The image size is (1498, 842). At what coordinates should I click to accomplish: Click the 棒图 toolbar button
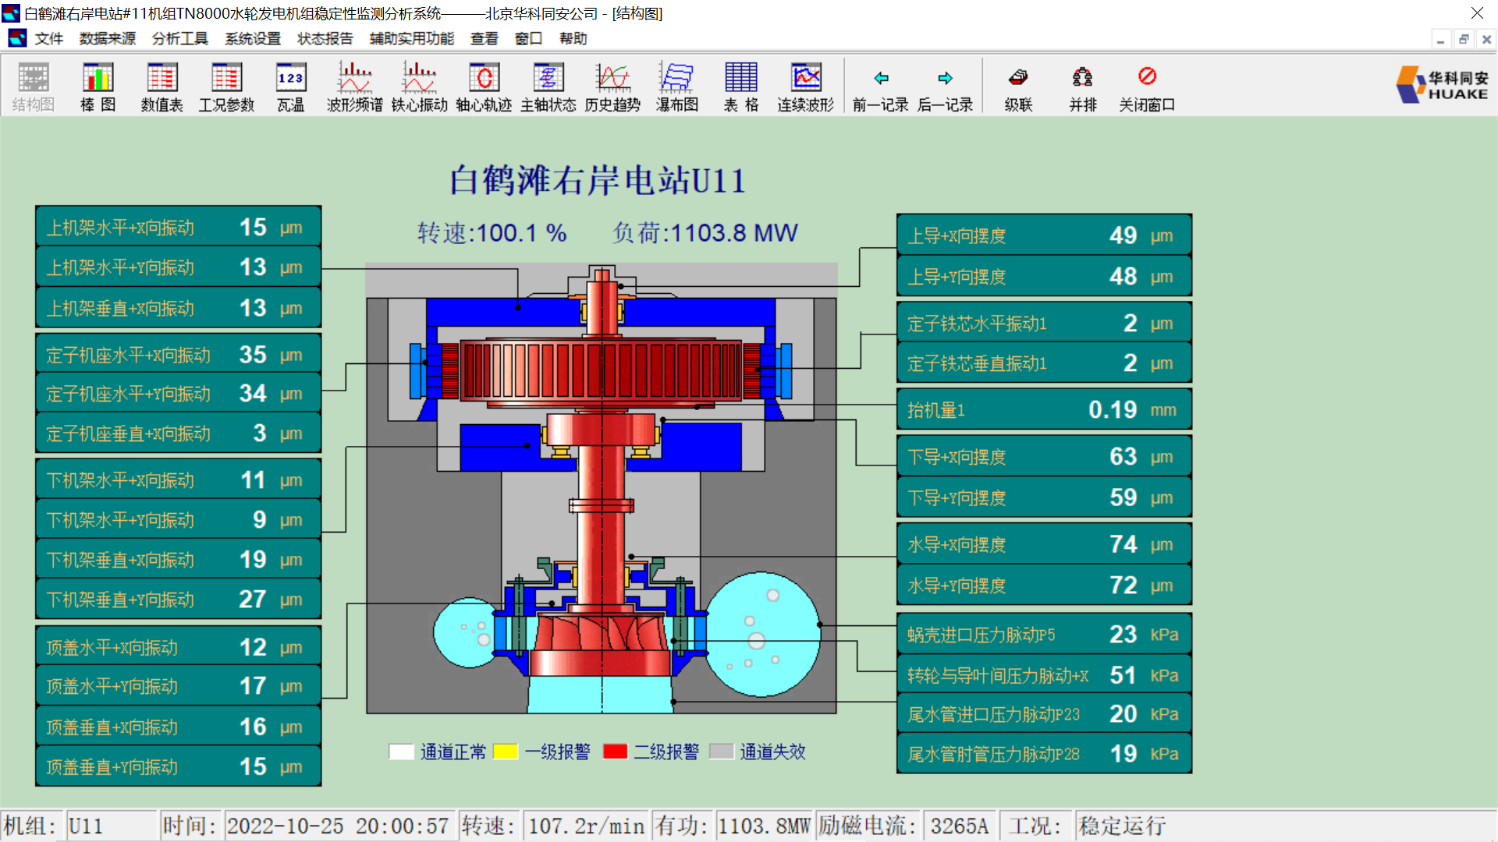(x=98, y=87)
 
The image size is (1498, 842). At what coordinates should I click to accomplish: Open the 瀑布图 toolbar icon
(x=676, y=87)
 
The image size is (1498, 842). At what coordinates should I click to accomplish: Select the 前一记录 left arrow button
(x=880, y=87)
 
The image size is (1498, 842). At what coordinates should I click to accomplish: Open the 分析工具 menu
(x=179, y=38)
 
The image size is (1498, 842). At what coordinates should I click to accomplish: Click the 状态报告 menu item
(x=325, y=38)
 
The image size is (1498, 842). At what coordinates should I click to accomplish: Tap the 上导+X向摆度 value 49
(x=1123, y=235)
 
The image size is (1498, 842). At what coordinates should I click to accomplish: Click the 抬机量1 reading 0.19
(x=1113, y=410)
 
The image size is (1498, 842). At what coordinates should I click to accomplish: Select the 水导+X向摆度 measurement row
(x=1044, y=544)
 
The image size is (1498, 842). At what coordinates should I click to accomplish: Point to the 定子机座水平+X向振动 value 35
(x=253, y=355)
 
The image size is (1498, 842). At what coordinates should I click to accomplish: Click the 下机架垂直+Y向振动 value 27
(x=253, y=600)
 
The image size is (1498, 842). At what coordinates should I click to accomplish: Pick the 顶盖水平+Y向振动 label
(x=112, y=687)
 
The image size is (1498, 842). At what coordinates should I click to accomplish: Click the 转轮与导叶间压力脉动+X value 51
(x=1123, y=675)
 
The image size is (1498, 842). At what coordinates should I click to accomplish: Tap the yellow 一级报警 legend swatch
(x=506, y=752)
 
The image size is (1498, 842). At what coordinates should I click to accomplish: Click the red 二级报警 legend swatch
(x=615, y=752)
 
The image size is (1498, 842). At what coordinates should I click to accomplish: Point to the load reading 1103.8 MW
(x=733, y=233)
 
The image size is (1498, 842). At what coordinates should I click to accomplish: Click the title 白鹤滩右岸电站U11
(x=598, y=181)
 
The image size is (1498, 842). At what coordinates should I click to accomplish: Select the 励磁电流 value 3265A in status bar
(x=959, y=826)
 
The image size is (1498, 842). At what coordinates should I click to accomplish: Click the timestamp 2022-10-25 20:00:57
(x=338, y=826)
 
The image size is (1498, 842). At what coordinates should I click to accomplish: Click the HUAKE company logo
(x=1443, y=85)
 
